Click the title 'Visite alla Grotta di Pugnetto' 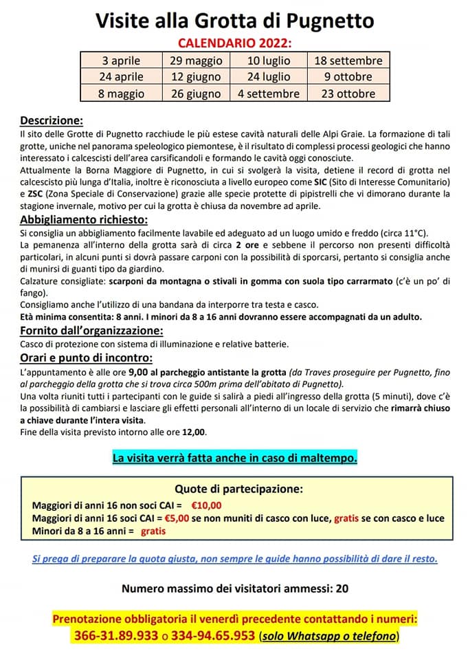point(234,20)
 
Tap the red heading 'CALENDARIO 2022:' point(234,43)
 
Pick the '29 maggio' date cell point(196,60)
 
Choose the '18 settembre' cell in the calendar point(348,60)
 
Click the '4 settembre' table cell point(269,93)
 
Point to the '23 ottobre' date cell point(348,93)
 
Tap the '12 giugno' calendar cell point(196,76)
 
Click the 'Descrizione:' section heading point(52,120)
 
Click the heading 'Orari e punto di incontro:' point(87,357)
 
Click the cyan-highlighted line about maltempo point(234,457)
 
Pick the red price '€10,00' point(205,505)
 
